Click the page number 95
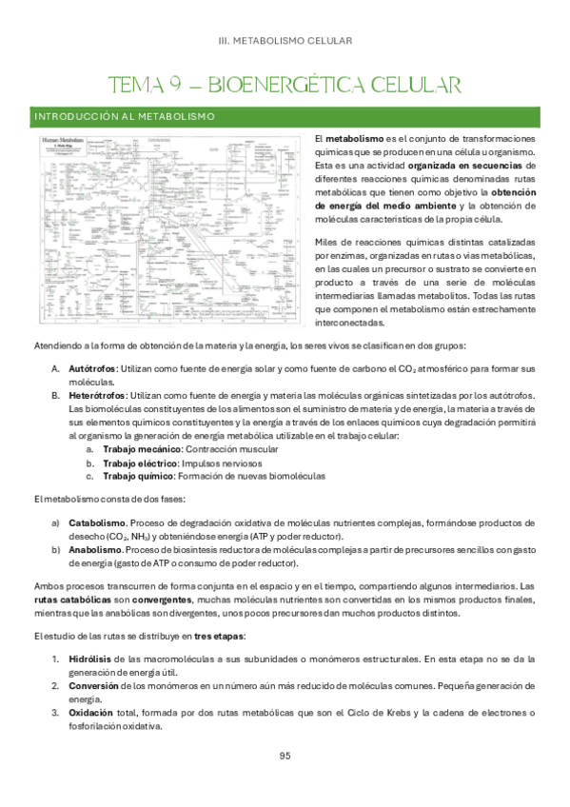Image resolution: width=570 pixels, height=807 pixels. pyautogui.click(x=285, y=757)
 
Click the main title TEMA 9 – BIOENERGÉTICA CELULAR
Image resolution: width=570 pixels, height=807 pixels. pyautogui.click(x=285, y=85)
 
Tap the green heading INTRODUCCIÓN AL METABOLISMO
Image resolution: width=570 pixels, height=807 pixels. pyautogui.click(x=124, y=116)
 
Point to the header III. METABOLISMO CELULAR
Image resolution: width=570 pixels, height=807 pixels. pyautogui.click(x=285, y=41)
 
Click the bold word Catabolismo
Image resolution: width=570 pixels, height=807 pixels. pyautogui.click(x=97, y=522)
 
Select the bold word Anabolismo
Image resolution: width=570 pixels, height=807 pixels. pyautogui.click(x=95, y=550)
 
